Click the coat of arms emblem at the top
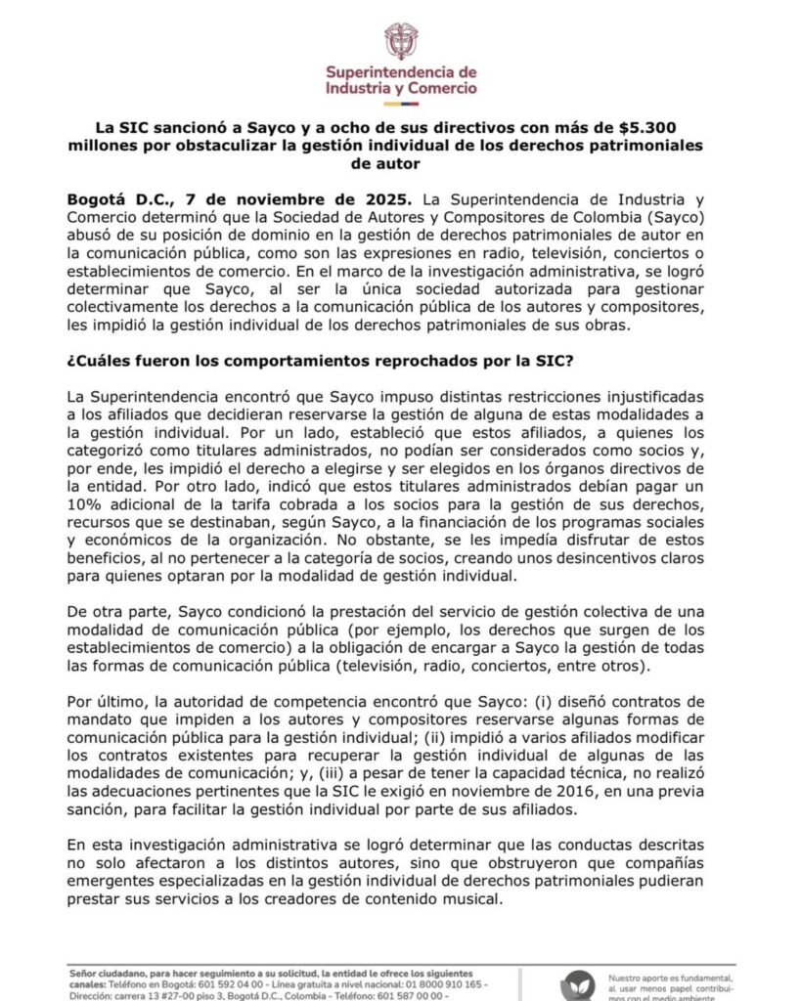coord(400,40)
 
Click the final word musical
coord(468,901)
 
